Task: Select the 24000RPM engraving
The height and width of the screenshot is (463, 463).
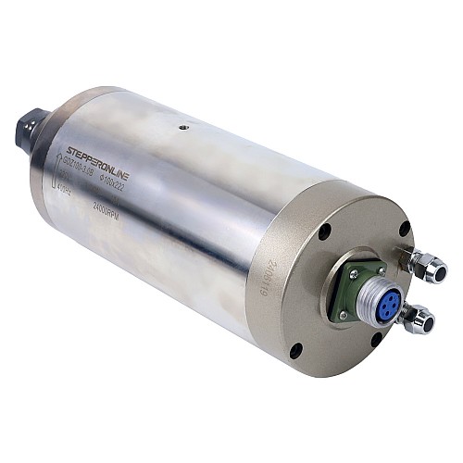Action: [x=103, y=207]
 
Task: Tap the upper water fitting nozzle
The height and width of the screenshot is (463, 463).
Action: [x=433, y=269]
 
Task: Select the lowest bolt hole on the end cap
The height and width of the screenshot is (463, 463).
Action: [x=294, y=350]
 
